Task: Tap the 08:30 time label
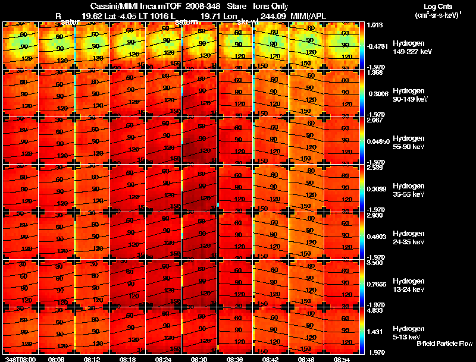[199, 359]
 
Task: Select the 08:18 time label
[127, 359]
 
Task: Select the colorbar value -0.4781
[379, 45]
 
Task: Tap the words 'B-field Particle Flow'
[444, 344]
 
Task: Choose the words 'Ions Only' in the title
[271, 5]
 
